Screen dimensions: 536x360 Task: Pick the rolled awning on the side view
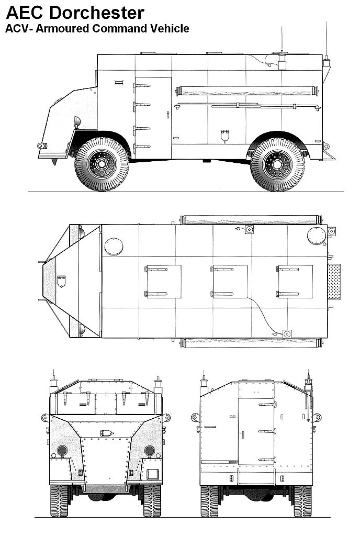click(x=249, y=91)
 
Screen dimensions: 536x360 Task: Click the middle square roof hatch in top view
click(x=229, y=281)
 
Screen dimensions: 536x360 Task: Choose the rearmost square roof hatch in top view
click(x=295, y=281)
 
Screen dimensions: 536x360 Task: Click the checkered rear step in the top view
click(x=334, y=281)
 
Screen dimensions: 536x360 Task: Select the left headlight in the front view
click(x=62, y=450)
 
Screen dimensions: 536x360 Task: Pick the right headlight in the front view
click(x=149, y=450)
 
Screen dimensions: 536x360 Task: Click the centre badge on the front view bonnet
click(x=106, y=433)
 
